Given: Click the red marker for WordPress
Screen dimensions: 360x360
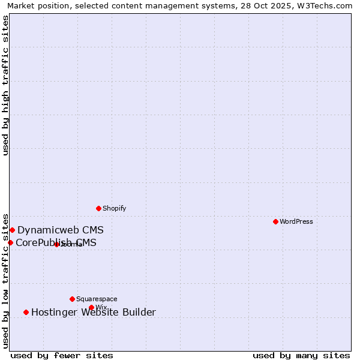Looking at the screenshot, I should pyautogui.click(x=275, y=221).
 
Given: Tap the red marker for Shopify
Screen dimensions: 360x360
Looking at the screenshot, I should pyautogui.click(x=98, y=208).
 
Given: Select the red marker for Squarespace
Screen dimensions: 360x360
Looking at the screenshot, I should pyautogui.click(x=72, y=299).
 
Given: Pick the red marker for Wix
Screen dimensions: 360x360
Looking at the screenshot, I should pyautogui.click(x=91, y=307).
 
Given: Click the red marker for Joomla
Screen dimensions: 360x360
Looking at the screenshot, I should pyautogui.click(x=56, y=244).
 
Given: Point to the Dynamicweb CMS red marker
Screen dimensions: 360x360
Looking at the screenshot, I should pyautogui.click(x=12, y=230).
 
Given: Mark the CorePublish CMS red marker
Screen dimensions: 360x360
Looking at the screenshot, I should pyautogui.click(x=10, y=242).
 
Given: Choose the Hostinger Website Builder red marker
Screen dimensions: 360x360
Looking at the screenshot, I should pyautogui.click(x=26, y=312).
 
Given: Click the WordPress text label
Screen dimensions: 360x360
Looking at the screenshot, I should pyautogui.click(x=296, y=221).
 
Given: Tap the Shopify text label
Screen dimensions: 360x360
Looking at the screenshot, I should pyautogui.click(x=115, y=208).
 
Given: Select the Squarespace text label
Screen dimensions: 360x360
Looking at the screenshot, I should pyautogui.click(x=97, y=299).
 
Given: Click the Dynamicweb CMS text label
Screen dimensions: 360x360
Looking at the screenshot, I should pyautogui.click(x=61, y=230).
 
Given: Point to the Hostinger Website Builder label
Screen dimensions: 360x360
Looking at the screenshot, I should pyautogui.click(x=94, y=312).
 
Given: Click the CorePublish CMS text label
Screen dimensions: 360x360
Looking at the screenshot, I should pyautogui.click(x=56, y=242).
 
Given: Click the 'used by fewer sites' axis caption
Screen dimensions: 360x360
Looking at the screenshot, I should pyautogui.click(x=62, y=355).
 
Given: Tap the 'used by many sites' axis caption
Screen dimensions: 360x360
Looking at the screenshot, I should pyautogui.click(x=301, y=355).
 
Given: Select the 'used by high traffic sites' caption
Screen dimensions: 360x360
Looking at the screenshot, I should pyautogui.click(x=5, y=85).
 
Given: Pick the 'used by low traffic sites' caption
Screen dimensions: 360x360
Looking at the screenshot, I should pyautogui.click(x=5, y=280).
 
